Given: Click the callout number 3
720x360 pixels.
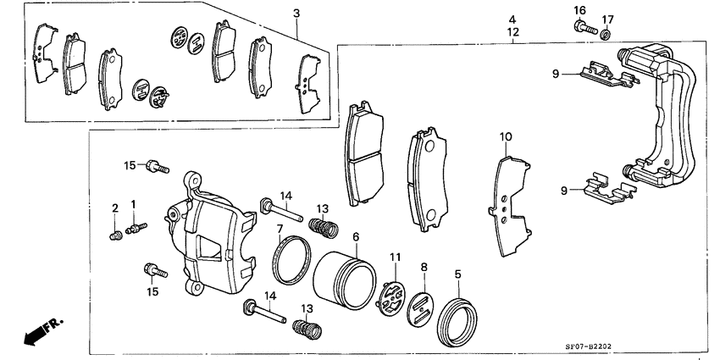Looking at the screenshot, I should pyautogui.click(x=296, y=13).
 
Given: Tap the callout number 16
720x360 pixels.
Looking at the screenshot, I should pyautogui.click(x=579, y=9).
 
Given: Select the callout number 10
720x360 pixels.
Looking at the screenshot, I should pyautogui.click(x=506, y=136).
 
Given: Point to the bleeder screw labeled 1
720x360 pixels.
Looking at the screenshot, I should pyautogui.click(x=136, y=227).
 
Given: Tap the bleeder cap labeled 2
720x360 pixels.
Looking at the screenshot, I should pyautogui.click(x=116, y=235).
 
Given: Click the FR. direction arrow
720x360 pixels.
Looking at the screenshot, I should pyautogui.click(x=38, y=331).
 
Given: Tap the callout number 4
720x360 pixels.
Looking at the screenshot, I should pyautogui.click(x=512, y=18).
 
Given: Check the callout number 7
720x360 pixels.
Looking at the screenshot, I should pyautogui.click(x=280, y=229).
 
